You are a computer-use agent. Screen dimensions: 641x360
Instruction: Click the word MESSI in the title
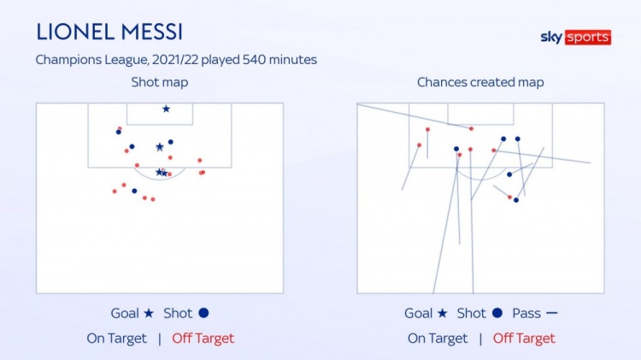(152, 32)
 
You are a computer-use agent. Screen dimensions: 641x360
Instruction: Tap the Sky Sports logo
(575, 38)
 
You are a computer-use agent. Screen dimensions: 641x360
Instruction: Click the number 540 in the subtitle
(255, 60)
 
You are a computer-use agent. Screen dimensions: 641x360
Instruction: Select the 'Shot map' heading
(160, 82)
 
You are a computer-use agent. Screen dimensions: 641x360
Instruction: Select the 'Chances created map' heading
(480, 82)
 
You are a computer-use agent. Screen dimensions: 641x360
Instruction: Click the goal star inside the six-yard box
(166, 109)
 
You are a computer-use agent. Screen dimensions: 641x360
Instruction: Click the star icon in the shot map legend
(149, 313)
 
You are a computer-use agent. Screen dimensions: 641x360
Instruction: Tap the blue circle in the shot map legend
(203, 313)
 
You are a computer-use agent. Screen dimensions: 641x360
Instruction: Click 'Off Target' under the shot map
(203, 339)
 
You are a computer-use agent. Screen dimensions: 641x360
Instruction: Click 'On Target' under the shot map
(116, 339)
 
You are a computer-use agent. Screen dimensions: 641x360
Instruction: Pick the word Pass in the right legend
(526, 313)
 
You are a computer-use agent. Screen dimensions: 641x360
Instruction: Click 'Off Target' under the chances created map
(524, 339)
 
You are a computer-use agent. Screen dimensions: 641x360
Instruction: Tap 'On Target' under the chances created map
(438, 339)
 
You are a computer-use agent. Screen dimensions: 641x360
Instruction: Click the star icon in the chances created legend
(443, 313)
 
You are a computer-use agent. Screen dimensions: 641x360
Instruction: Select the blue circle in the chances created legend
(497, 313)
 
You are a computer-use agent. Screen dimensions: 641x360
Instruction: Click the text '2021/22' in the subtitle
(175, 60)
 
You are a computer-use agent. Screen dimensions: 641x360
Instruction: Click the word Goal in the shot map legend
(125, 313)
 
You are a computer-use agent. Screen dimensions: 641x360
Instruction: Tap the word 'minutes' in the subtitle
(293, 60)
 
